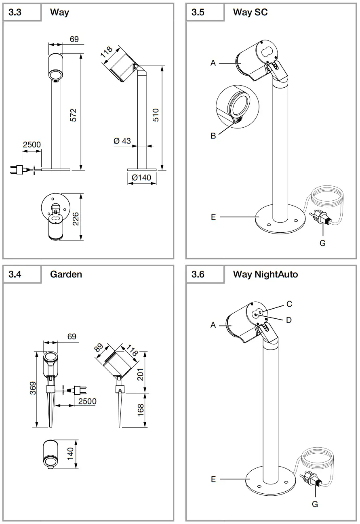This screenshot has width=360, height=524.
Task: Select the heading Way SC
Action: (x=250, y=12)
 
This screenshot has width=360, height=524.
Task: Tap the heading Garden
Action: (x=66, y=274)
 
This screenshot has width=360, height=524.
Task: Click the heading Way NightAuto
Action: (x=265, y=274)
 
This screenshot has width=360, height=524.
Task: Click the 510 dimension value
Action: (x=156, y=115)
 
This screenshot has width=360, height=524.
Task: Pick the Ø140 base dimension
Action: (x=141, y=177)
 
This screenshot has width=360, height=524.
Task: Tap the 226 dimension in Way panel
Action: (x=75, y=218)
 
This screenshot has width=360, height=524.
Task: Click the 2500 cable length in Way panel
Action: (x=32, y=145)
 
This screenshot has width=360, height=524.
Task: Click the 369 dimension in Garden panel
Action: (x=33, y=388)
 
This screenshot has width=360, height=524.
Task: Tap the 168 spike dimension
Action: (x=141, y=410)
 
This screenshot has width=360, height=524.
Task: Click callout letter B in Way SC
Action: (x=213, y=136)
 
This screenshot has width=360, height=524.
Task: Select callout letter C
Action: (x=289, y=304)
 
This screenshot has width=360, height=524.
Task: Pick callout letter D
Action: (x=288, y=320)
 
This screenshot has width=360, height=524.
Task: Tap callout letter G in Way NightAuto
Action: (x=315, y=504)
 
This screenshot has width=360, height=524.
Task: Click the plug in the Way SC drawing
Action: (x=321, y=218)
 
